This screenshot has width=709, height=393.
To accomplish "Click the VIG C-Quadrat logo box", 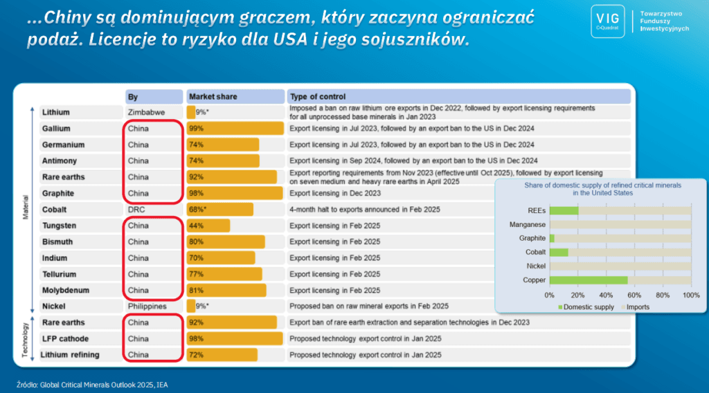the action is [608, 21].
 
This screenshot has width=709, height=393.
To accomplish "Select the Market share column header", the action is [235, 97].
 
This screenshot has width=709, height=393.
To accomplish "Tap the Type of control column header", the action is [458, 97].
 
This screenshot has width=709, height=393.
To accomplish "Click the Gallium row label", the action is [56, 129].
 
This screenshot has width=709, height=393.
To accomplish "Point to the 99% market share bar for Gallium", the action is [235, 129].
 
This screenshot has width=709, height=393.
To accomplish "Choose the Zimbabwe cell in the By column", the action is [146, 113].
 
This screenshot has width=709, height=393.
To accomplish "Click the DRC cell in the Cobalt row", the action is [136, 210].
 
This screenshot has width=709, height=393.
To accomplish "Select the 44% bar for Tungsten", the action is [208, 226].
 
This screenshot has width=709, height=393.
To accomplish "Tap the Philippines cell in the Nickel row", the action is [147, 307].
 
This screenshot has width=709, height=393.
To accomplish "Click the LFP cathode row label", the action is [65, 339].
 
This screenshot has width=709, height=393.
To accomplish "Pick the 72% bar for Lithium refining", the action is [222, 355].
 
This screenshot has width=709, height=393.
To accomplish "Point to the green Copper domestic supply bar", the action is [589, 280].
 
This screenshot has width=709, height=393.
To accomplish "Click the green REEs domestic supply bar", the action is [564, 210].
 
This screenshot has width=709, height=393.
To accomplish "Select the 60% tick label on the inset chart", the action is [634, 295].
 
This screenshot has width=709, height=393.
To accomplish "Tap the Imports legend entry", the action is [636, 307].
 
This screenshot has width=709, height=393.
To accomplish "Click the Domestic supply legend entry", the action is [586, 307].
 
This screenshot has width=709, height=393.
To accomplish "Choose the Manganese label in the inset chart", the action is [527, 224].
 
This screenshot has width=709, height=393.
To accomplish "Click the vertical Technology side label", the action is [26, 339].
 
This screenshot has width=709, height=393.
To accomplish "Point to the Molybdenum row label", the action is [66, 291].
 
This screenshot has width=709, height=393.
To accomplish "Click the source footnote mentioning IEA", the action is [92, 385].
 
